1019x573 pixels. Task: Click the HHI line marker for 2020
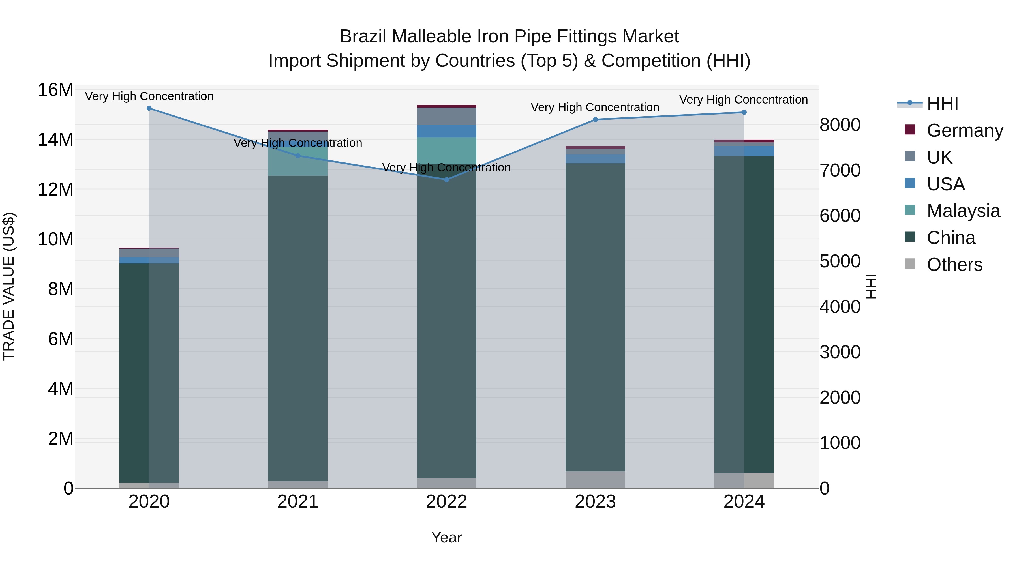point(149,108)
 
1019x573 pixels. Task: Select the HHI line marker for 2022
point(447,179)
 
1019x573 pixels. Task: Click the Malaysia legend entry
point(963,211)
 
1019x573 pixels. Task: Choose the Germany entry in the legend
point(964,130)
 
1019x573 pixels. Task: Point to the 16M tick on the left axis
point(55,90)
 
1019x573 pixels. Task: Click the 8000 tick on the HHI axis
point(840,125)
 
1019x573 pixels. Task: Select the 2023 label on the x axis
point(595,502)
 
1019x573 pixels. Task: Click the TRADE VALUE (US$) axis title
point(9,286)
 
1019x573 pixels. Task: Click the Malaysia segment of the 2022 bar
point(447,151)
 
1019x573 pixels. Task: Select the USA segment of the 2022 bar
point(447,131)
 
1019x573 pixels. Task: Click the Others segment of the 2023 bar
point(595,479)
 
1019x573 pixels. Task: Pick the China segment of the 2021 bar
point(298,328)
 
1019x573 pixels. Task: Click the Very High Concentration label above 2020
point(149,96)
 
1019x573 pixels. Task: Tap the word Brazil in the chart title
point(363,37)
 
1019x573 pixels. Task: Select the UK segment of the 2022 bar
point(447,116)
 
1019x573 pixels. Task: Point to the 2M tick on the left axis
point(61,439)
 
